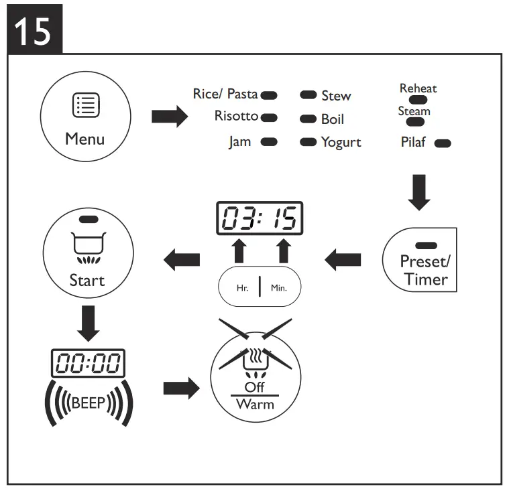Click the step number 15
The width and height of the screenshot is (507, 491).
tap(33, 30)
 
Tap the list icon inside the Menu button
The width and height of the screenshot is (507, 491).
tap(86, 106)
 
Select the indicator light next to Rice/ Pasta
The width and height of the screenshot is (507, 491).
tap(270, 96)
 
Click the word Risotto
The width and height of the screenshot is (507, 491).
tap(236, 116)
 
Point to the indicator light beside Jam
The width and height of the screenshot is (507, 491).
tap(270, 142)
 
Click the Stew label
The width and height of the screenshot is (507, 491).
tap(336, 96)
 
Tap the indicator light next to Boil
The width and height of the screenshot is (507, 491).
tap(308, 119)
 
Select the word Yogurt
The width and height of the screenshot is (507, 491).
tap(341, 142)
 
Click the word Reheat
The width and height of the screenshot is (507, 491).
tap(418, 88)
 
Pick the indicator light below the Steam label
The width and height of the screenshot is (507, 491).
tap(416, 122)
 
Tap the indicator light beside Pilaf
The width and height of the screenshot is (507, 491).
tap(443, 143)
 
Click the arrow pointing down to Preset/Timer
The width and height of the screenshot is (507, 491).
tap(419, 189)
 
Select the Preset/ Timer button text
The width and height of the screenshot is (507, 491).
tap(425, 270)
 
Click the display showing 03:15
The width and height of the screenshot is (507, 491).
tap(260, 218)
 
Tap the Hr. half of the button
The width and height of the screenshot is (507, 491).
tap(242, 289)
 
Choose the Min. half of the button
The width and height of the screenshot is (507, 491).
tap(278, 289)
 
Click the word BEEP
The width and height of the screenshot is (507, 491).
tap(87, 403)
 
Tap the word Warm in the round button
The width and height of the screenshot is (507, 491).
tap(256, 405)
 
